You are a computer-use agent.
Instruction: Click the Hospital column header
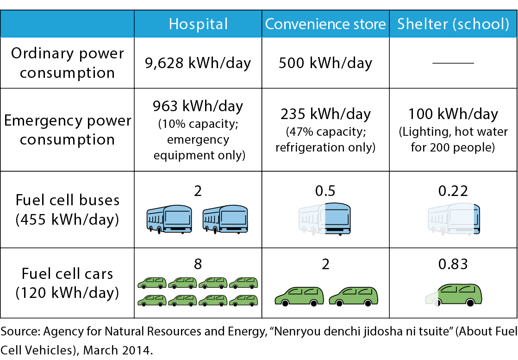click(198, 24)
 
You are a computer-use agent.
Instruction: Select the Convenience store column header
click(325, 24)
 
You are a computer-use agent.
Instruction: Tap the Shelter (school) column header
click(453, 24)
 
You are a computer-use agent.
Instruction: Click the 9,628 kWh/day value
click(198, 63)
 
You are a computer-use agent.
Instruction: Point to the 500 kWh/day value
click(325, 63)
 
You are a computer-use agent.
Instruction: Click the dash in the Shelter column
click(453, 63)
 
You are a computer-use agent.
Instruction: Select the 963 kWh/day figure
click(198, 107)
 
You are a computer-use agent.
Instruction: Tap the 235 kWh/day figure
click(325, 114)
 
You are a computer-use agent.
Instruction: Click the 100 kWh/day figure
click(453, 114)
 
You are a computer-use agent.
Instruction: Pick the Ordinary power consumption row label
click(68, 63)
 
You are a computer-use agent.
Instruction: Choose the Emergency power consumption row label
click(68, 130)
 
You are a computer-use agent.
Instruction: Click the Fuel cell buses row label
click(68, 209)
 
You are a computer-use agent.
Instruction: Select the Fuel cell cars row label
click(68, 283)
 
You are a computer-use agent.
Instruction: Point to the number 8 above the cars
click(198, 264)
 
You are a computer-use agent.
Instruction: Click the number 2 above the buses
click(198, 191)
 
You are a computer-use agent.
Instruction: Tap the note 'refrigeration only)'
click(325, 148)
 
